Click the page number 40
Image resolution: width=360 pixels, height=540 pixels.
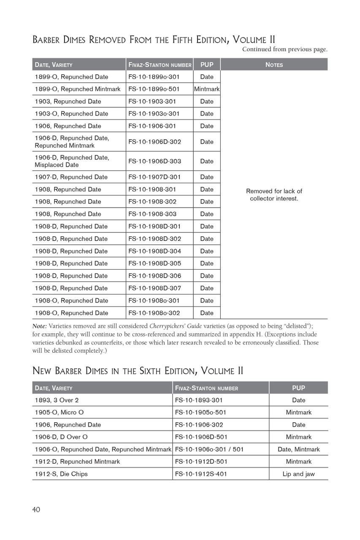(x=36, y=510)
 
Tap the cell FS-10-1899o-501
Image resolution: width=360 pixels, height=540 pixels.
(x=154, y=89)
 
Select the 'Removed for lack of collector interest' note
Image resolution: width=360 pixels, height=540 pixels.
(x=274, y=194)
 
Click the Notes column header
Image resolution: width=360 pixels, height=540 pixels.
(x=274, y=65)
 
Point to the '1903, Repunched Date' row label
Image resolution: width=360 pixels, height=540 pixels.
(x=68, y=101)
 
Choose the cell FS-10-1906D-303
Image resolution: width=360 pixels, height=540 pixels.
(x=154, y=161)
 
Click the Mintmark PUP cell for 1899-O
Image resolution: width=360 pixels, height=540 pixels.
(x=207, y=89)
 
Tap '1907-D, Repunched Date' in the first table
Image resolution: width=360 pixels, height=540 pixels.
(x=71, y=177)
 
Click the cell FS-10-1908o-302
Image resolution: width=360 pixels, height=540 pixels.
(x=154, y=313)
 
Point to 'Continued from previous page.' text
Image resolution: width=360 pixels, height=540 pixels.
(x=284, y=49)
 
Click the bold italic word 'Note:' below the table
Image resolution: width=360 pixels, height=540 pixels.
(x=40, y=326)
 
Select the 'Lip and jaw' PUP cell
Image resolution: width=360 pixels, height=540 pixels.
(x=298, y=474)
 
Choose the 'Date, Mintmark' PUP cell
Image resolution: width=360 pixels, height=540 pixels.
(x=298, y=449)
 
